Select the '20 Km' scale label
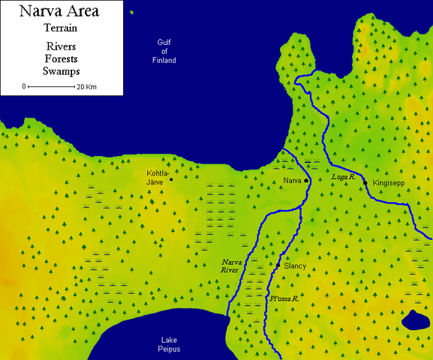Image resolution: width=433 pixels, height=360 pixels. (86, 87)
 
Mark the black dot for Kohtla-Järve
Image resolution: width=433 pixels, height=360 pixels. (171, 179)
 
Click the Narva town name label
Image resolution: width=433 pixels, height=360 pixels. (293, 181)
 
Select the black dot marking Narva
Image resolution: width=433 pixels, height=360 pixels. (306, 181)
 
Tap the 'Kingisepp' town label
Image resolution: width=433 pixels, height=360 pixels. (388, 183)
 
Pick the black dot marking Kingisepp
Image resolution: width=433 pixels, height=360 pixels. (365, 183)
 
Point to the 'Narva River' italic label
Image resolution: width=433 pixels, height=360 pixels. (232, 265)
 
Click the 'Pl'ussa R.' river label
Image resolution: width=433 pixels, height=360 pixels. (284, 298)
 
